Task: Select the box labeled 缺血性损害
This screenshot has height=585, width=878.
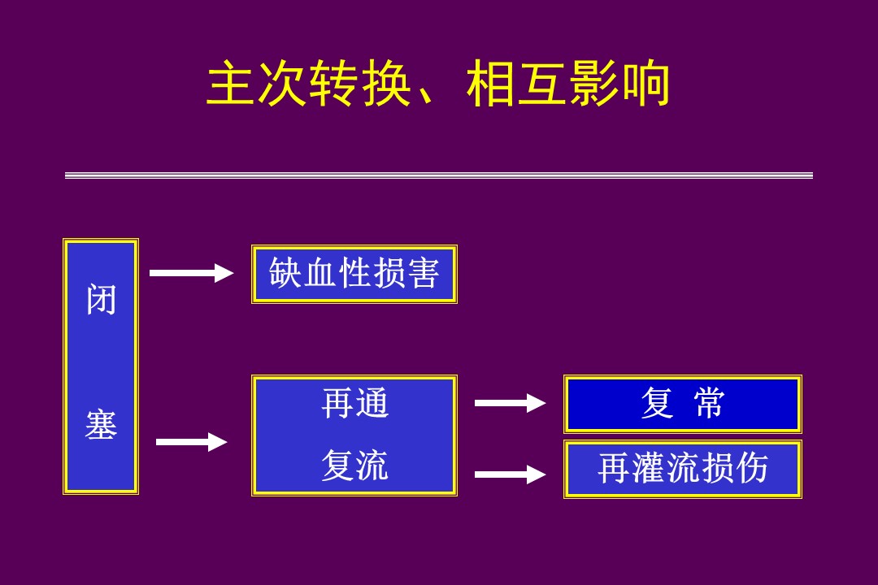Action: pos(354,275)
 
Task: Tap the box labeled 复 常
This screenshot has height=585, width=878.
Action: pos(683,404)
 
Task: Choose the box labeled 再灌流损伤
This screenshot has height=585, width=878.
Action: pos(683,469)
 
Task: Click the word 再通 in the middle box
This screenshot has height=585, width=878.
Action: pos(355,403)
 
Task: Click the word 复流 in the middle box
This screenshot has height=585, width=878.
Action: pos(355,466)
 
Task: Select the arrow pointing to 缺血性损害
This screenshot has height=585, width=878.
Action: pos(191,273)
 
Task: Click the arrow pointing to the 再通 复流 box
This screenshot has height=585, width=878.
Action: pos(191,442)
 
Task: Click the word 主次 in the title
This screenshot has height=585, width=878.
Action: pos(257,84)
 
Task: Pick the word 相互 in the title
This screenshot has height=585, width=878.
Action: pos(517,84)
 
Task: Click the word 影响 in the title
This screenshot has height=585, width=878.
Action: pos(619,84)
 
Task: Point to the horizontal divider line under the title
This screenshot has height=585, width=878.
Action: pos(439,175)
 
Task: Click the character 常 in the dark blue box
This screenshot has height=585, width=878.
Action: pos(710,404)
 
